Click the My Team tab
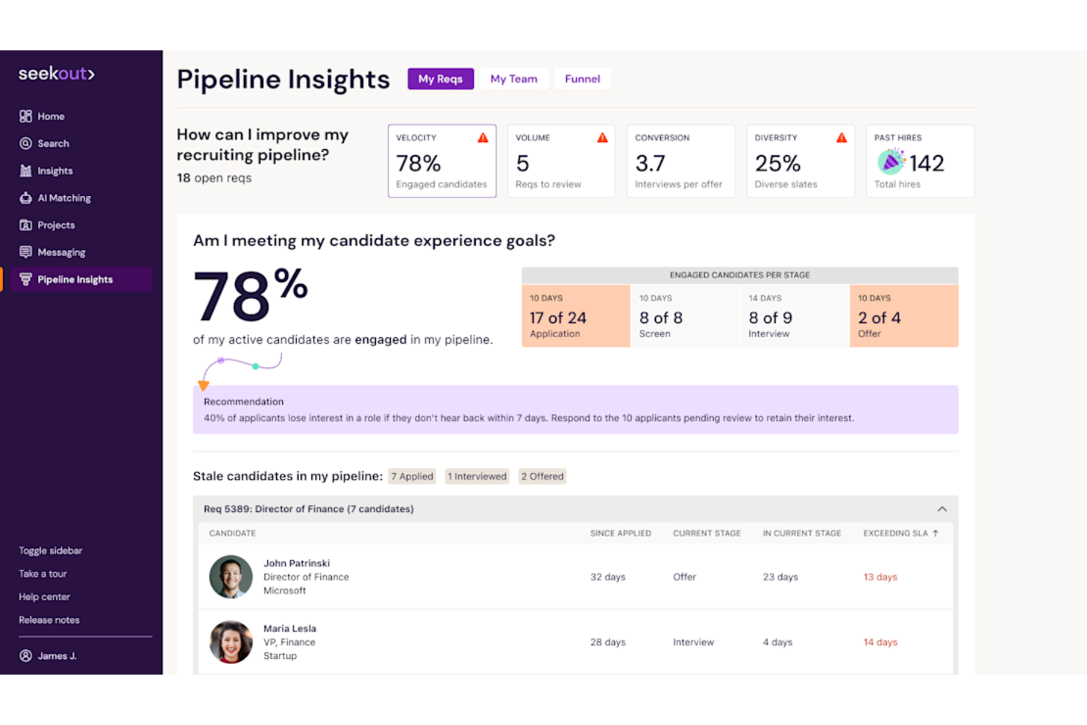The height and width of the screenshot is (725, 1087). pyautogui.click(x=513, y=79)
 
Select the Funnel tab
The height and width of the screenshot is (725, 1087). pyautogui.click(x=582, y=79)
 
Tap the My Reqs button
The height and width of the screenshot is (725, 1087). pyautogui.click(x=440, y=79)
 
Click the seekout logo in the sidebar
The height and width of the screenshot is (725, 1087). pyautogui.click(x=57, y=73)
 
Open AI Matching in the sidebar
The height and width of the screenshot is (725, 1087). pyautogui.click(x=64, y=198)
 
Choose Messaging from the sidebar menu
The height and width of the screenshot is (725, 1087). pyautogui.click(x=61, y=252)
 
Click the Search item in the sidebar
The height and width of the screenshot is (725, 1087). pyautogui.click(x=53, y=143)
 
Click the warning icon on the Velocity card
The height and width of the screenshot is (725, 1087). pyautogui.click(x=483, y=138)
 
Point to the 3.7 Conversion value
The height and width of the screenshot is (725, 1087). pyautogui.click(x=650, y=163)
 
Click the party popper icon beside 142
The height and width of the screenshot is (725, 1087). pyautogui.click(x=890, y=162)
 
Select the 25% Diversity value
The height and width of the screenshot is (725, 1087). pyautogui.click(x=777, y=163)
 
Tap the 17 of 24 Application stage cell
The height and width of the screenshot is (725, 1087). pyautogui.click(x=575, y=317)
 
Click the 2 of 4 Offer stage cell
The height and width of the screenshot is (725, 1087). pyautogui.click(x=903, y=317)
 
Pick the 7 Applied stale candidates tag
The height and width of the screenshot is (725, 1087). pyautogui.click(x=411, y=476)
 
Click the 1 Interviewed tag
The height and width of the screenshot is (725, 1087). pyautogui.click(x=477, y=476)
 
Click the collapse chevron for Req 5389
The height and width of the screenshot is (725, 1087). pyautogui.click(x=942, y=509)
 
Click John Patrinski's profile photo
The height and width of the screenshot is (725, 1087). pyautogui.click(x=231, y=577)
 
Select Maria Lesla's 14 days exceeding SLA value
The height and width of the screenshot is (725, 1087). pyautogui.click(x=880, y=642)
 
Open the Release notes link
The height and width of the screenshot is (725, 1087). pyautogui.click(x=49, y=620)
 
